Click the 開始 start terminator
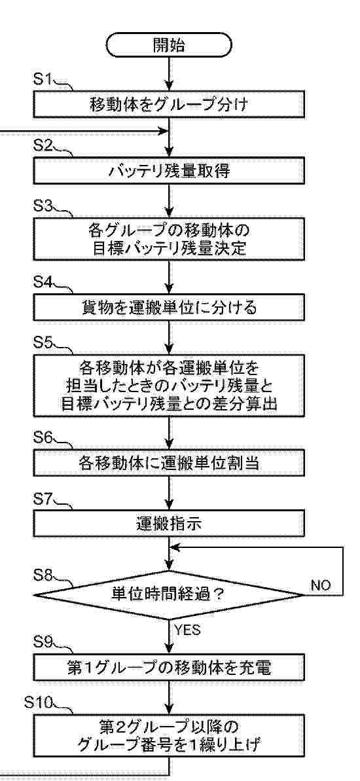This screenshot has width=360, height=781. point(170,45)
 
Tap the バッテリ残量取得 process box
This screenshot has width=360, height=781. point(170,172)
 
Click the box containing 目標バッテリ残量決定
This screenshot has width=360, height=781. point(170,240)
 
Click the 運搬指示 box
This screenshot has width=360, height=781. point(170,526)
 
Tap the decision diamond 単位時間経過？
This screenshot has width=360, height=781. point(170,595)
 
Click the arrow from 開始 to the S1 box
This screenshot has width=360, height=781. point(170,74)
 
